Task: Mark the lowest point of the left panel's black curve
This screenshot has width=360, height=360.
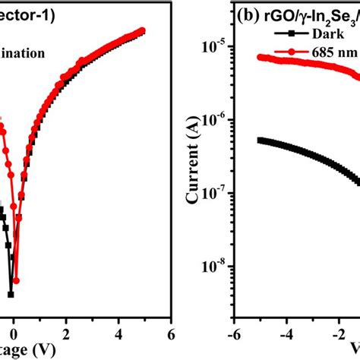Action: pyautogui.click(x=11, y=294)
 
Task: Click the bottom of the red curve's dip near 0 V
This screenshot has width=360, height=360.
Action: pyautogui.click(x=16, y=278)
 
